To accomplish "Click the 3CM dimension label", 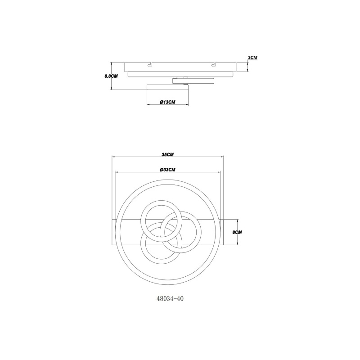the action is (252, 58).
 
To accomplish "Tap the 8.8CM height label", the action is (111, 76).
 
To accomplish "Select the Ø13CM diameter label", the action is (167, 102).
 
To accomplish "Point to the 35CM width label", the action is (167, 154).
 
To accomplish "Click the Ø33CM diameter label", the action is (167, 170).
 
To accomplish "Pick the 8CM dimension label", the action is (237, 232).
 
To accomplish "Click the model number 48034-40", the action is (170, 299).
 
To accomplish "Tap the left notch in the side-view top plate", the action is (150, 64).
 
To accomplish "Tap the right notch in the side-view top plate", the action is (214, 64).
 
